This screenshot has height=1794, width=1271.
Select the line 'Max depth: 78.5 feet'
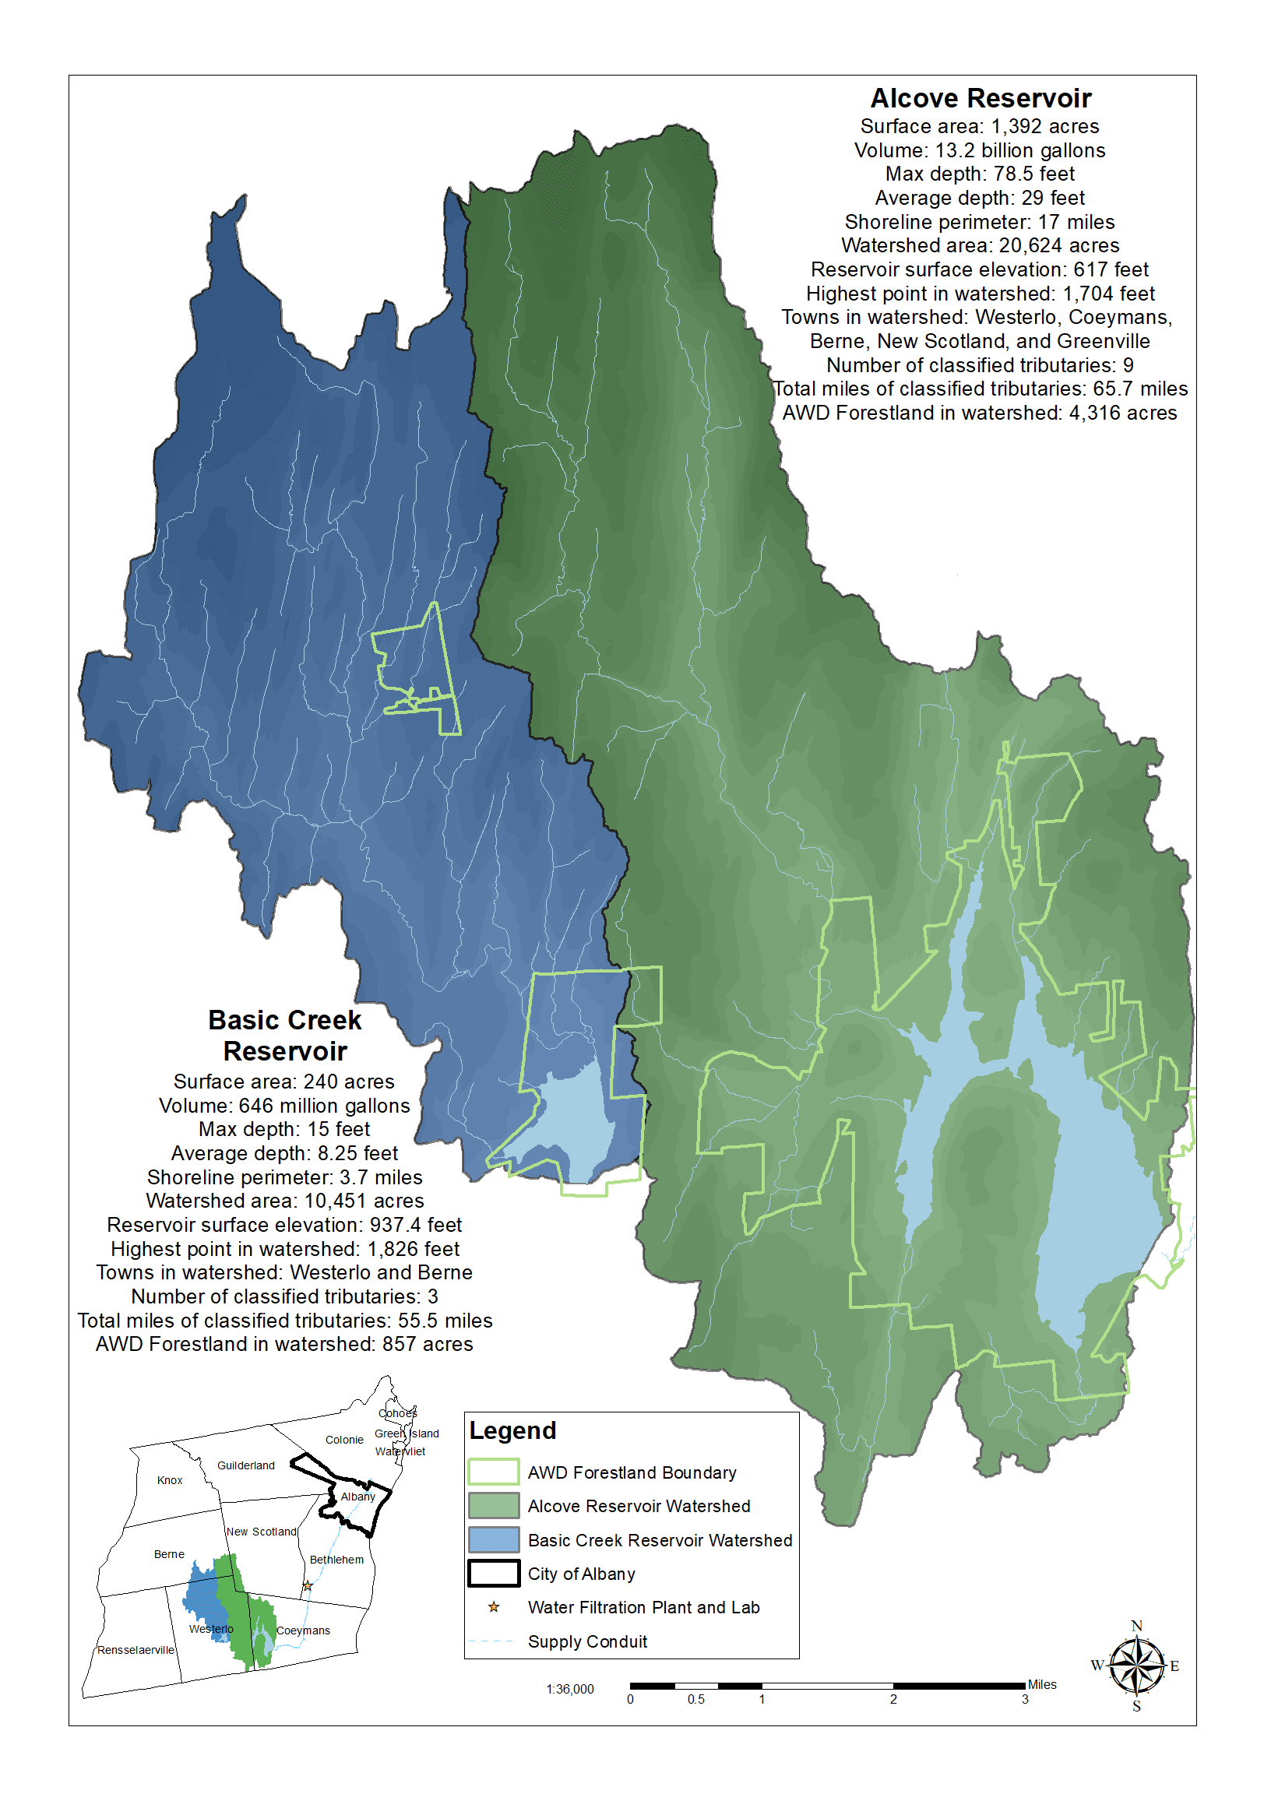[x=980, y=174]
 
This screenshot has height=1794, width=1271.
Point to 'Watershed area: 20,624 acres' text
[x=980, y=246]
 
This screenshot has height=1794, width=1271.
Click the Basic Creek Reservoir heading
[x=285, y=1035]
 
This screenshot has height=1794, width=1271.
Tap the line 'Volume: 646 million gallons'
[x=284, y=1106]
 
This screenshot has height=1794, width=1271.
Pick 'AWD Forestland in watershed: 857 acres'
[x=284, y=1344]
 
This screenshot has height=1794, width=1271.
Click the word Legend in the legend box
[x=512, y=1430]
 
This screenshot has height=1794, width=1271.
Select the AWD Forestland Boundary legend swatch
[x=493, y=1472]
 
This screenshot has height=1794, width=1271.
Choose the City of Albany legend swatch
[x=493, y=1574]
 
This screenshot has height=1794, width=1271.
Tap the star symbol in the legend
[x=494, y=1607]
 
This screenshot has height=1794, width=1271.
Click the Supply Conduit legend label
[x=587, y=1641]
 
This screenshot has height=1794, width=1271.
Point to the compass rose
[x=1136, y=1666]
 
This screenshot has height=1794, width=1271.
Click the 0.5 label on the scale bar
[x=695, y=1699]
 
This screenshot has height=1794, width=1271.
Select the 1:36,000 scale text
[x=570, y=1689]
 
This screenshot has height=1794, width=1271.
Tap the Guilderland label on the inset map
[x=246, y=1465]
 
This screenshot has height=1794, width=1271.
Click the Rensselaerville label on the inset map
[x=136, y=1650]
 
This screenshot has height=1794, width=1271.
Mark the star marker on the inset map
[x=308, y=1586]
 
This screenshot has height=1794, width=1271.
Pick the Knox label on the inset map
[x=170, y=1480]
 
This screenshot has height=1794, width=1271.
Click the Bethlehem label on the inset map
[x=336, y=1560]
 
